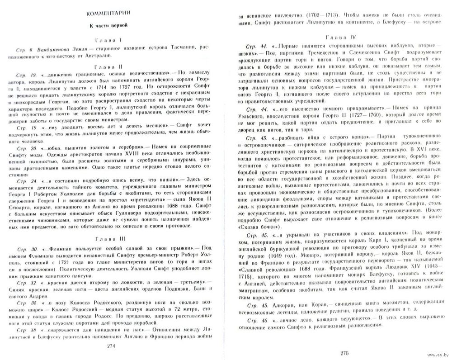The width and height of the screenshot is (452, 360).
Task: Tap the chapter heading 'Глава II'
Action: coord(106,66)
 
